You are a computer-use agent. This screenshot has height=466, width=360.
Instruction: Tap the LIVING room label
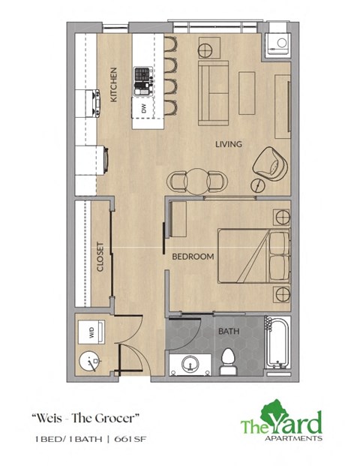[x=228, y=144]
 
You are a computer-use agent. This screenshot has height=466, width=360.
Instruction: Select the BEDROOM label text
[x=193, y=257]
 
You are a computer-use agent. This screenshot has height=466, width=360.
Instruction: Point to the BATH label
[x=228, y=331]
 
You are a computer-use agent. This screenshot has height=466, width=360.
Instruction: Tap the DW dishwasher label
[x=142, y=110]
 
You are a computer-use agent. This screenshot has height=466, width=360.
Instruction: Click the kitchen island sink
[x=142, y=76]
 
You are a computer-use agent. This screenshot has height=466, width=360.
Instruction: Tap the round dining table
[x=196, y=180]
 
